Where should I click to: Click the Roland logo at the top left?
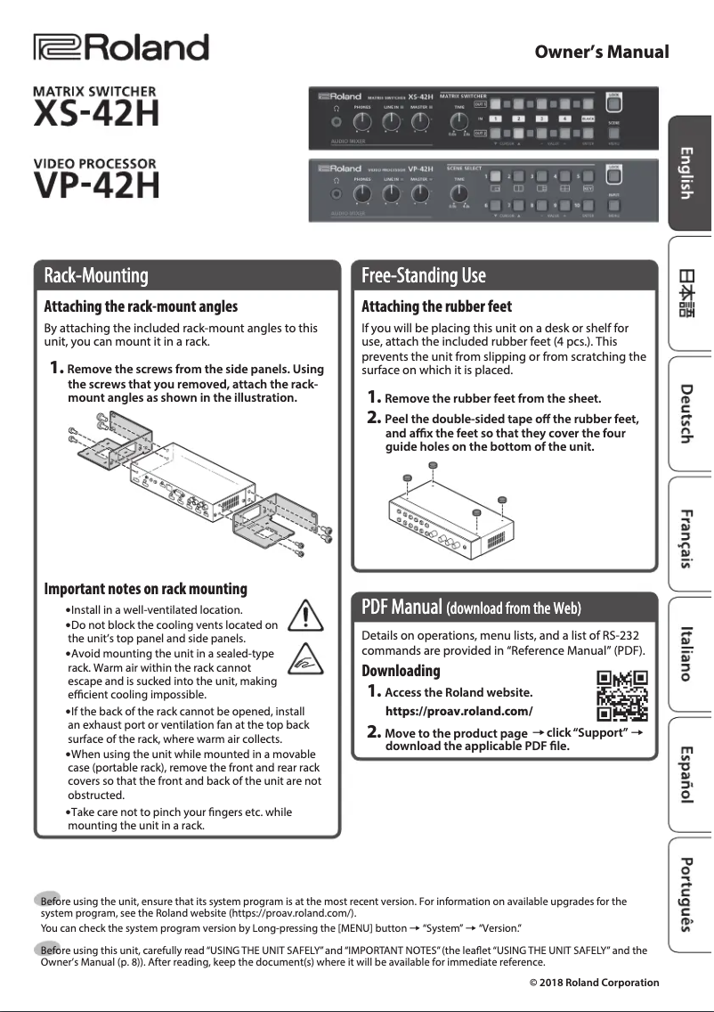click(x=120, y=48)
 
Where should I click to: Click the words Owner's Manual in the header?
click(x=601, y=52)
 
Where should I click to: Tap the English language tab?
click(x=687, y=172)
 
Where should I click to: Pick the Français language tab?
click(x=687, y=537)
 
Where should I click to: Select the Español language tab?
click(x=687, y=771)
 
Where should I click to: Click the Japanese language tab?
click(x=687, y=292)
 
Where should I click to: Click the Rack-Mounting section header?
click(x=97, y=274)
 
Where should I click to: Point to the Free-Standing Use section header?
click(x=424, y=274)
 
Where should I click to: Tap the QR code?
click(x=621, y=696)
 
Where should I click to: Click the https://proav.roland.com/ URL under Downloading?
click(x=458, y=711)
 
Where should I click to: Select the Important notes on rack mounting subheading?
click(x=146, y=589)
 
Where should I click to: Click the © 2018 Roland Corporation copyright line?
click(x=594, y=983)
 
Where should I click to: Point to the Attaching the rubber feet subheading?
click(x=436, y=306)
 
